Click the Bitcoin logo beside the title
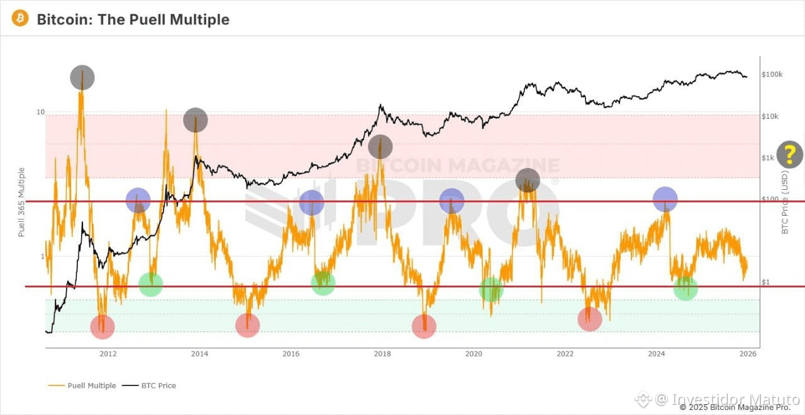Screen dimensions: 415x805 [20, 18]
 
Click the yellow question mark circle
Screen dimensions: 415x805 [790, 155]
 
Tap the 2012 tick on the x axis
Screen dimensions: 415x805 [108, 353]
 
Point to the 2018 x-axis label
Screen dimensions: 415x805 [382, 353]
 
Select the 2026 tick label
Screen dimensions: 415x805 [748, 353]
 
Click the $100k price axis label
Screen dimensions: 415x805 [772, 74]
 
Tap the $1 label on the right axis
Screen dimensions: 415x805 [766, 282]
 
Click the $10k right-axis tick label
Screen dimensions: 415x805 [770, 116]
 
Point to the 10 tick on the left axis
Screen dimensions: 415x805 [41, 112]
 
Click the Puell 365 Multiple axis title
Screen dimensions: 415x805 [21, 202]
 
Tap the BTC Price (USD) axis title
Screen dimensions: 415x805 [785, 202]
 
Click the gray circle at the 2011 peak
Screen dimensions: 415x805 [82, 78]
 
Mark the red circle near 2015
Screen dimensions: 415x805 [247, 325]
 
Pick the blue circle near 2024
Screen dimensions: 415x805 [665, 199]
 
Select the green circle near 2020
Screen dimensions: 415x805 [491, 289]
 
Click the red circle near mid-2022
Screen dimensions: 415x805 [589, 319]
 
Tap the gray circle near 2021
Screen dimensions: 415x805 [528, 180]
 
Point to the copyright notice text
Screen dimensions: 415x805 [735, 407]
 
